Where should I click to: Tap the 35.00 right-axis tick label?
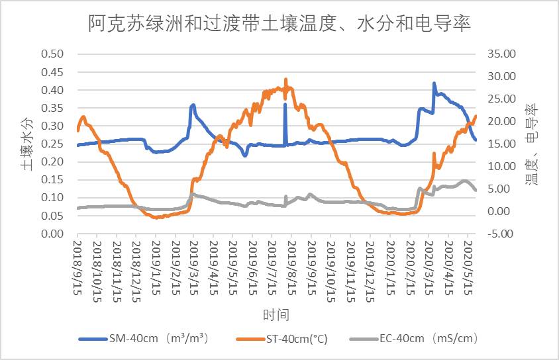click(x=501, y=54)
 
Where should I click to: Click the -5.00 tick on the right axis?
click(x=501, y=234)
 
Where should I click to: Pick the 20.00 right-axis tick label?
click(x=501, y=122)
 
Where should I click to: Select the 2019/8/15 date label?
click(x=286, y=268)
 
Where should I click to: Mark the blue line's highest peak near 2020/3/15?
click(x=434, y=83)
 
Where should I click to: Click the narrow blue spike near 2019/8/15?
click(x=285, y=104)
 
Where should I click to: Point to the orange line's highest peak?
click(x=285, y=79)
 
